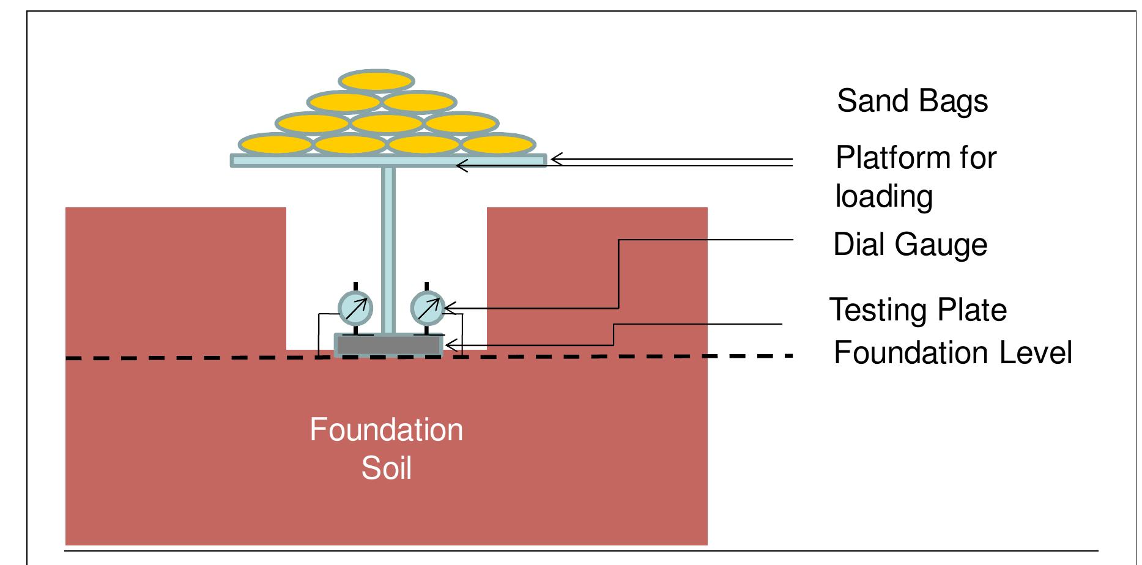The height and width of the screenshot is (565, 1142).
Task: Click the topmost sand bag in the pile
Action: (377, 81)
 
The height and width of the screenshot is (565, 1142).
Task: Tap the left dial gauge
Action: (355, 308)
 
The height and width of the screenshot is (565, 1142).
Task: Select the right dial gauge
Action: (427, 308)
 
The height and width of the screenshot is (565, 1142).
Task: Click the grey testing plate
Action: (388, 345)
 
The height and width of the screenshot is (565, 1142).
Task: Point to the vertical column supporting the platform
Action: (388, 245)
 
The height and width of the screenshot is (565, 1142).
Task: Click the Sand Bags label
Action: (911, 101)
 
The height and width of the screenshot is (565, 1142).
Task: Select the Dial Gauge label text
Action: (910, 245)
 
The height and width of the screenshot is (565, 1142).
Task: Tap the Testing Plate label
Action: (918, 309)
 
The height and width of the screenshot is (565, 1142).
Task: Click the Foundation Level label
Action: (952, 353)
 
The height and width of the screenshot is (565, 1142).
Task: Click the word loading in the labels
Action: (883, 197)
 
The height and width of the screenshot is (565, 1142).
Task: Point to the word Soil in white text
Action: (386, 468)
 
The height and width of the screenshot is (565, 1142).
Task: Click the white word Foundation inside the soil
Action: (386, 430)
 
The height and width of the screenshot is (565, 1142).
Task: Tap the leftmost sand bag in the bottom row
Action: (275, 144)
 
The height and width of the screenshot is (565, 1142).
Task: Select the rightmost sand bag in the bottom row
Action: (497, 144)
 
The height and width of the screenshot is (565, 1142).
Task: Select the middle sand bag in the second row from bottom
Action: (387, 123)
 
